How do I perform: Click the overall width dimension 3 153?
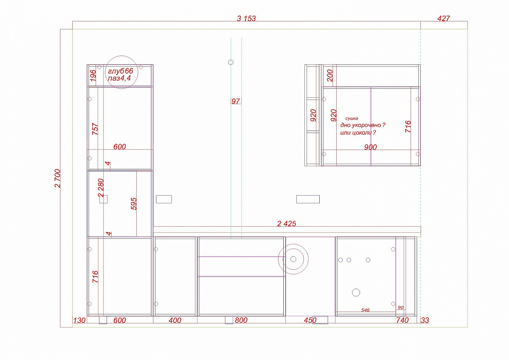(246, 18)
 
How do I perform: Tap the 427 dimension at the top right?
(444, 18)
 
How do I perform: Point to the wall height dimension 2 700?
(58, 178)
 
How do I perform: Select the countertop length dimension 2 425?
(286, 224)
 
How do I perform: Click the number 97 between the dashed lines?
(235, 101)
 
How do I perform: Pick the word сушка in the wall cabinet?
(352, 118)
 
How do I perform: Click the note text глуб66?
(120, 71)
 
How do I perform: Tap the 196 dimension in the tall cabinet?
(93, 75)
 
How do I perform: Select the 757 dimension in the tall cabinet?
(95, 129)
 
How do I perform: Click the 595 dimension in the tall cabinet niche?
(134, 204)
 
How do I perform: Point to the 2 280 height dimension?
(101, 188)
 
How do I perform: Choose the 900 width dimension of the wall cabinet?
(371, 147)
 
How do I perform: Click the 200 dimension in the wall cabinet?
(330, 76)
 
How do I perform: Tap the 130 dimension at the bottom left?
(79, 320)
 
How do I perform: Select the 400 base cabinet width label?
(175, 320)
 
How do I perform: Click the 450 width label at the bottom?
(310, 320)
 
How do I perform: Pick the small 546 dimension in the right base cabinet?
(365, 310)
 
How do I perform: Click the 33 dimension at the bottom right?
(425, 320)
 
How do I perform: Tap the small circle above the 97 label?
(231, 62)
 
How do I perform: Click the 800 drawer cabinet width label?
(241, 320)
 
